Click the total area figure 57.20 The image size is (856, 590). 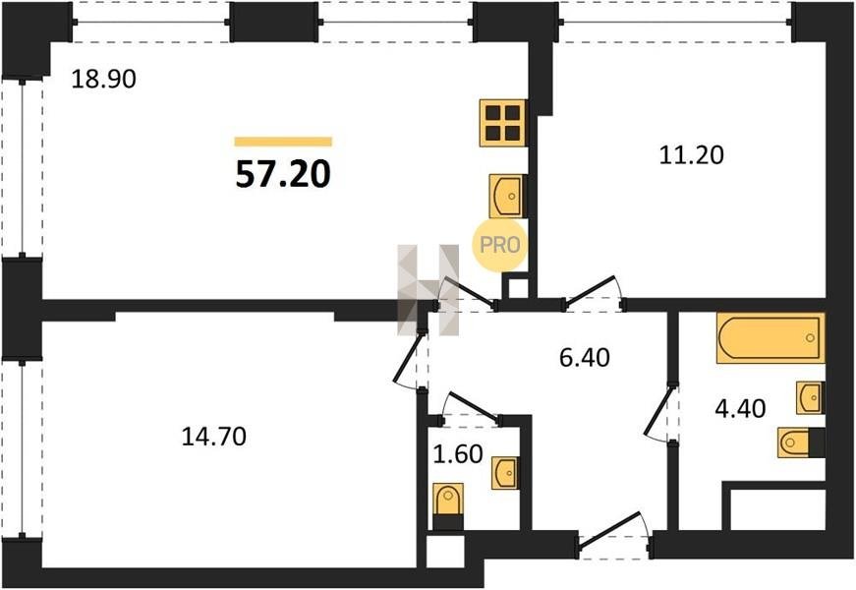pos(283,175)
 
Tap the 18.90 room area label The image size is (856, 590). pos(104,80)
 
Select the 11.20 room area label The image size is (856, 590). pos(692,155)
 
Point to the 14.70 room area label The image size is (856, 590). pos(213,437)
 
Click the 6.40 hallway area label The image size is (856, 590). pos(585,357)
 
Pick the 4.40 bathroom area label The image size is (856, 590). pos(740,408)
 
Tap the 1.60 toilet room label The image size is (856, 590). pos(457,454)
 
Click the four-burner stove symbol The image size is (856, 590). pos(503,123)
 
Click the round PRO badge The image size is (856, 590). pos(499,245)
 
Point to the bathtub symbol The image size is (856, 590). pos(770,338)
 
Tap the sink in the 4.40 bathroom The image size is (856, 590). pos(810,397)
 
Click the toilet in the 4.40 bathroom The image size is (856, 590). pos(801,442)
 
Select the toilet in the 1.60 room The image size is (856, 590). pos(448,505)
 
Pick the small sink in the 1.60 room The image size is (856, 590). pos(505,473)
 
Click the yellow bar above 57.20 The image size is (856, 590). pos(283,142)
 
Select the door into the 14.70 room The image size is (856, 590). pos(409,359)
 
